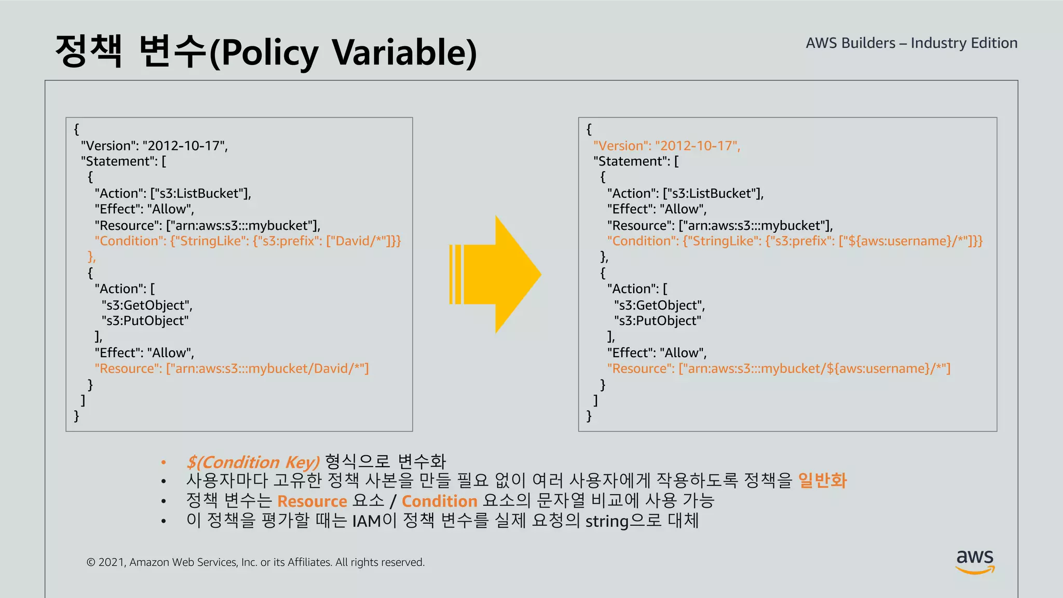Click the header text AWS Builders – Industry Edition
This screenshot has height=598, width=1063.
click(911, 43)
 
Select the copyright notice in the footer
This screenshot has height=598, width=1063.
click(255, 562)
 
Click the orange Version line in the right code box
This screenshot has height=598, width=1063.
click(666, 146)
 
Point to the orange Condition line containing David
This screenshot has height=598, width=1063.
click(248, 241)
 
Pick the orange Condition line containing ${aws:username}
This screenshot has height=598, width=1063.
click(795, 241)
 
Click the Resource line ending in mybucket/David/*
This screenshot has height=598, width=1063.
click(231, 369)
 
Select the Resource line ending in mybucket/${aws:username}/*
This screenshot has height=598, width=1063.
click(779, 369)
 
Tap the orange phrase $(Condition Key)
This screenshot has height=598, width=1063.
click(253, 462)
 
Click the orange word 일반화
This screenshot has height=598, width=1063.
click(822, 481)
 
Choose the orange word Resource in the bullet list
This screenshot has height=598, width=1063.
click(312, 501)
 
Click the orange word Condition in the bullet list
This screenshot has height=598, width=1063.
click(439, 501)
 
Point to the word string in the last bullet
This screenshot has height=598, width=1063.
click(607, 521)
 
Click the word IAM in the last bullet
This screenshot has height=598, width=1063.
click(366, 521)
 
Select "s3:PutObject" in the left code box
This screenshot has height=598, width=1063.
click(145, 321)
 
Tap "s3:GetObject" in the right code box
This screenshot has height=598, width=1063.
click(659, 305)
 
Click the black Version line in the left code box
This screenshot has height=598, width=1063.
click(154, 146)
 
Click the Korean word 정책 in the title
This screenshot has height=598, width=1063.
click(89, 51)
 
